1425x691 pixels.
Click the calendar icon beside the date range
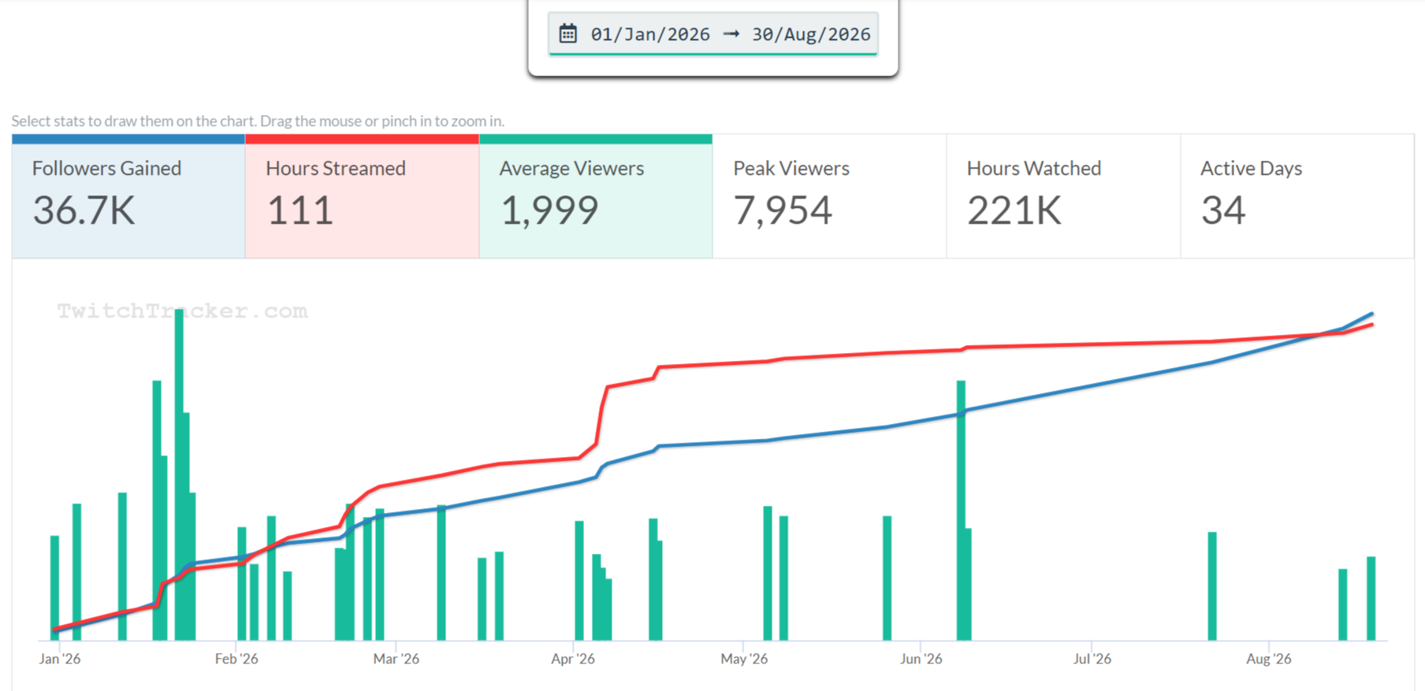tap(567, 34)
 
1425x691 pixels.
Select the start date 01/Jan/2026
tap(650, 35)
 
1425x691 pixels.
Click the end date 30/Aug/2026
tap(811, 35)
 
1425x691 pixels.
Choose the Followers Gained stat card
tap(128, 196)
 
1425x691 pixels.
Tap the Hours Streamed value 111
tap(300, 210)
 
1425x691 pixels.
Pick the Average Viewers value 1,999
tap(549, 210)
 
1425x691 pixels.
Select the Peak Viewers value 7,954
tap(783, 210)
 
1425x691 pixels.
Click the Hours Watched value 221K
tap(1014, 210)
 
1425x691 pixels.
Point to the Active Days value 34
tap(1223, 210)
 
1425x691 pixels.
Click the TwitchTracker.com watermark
tap(182, 311)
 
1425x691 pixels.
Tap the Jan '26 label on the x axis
tap(60, 659)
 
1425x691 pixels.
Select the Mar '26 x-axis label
tap(396, 659)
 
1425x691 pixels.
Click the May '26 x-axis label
tap(744, 659)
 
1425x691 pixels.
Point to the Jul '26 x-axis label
tap(1092, 659)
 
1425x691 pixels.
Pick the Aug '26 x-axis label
tap(1269, 659)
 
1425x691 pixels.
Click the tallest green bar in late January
tap(179, 474)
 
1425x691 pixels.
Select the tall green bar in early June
tap(961, 511)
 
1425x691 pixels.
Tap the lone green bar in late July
tap(1212, 586)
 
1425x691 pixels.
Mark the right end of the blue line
tap(1373, 314)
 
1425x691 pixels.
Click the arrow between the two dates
tap(731, 34)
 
